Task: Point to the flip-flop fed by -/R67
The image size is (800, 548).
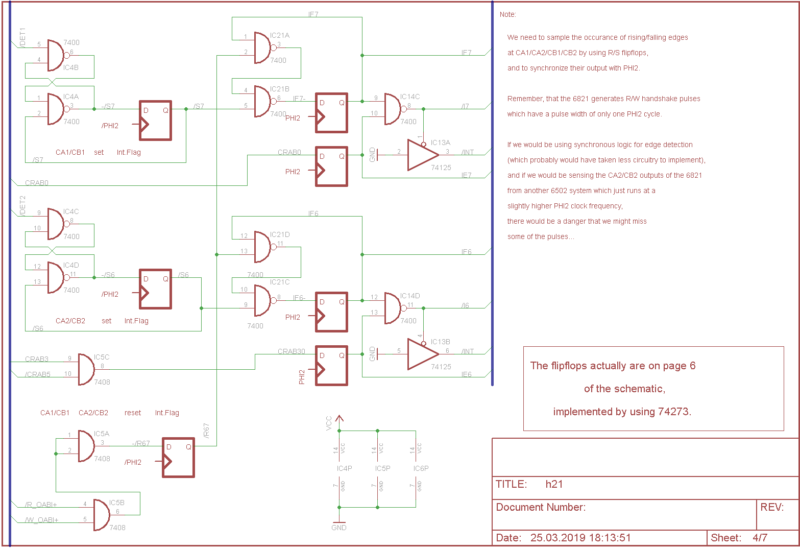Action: point(178,457)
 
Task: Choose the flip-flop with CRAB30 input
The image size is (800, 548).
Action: point(331,365)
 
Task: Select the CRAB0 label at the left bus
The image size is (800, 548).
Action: point(37,183)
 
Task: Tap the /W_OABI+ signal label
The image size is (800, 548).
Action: point(42,520)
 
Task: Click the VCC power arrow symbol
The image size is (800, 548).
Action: point(340,419)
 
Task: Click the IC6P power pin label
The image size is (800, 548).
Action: point(421,468)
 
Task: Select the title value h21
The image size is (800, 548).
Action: point(554,484)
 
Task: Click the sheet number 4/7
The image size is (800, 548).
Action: point(760,537)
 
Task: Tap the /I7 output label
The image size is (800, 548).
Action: point(465,106)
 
